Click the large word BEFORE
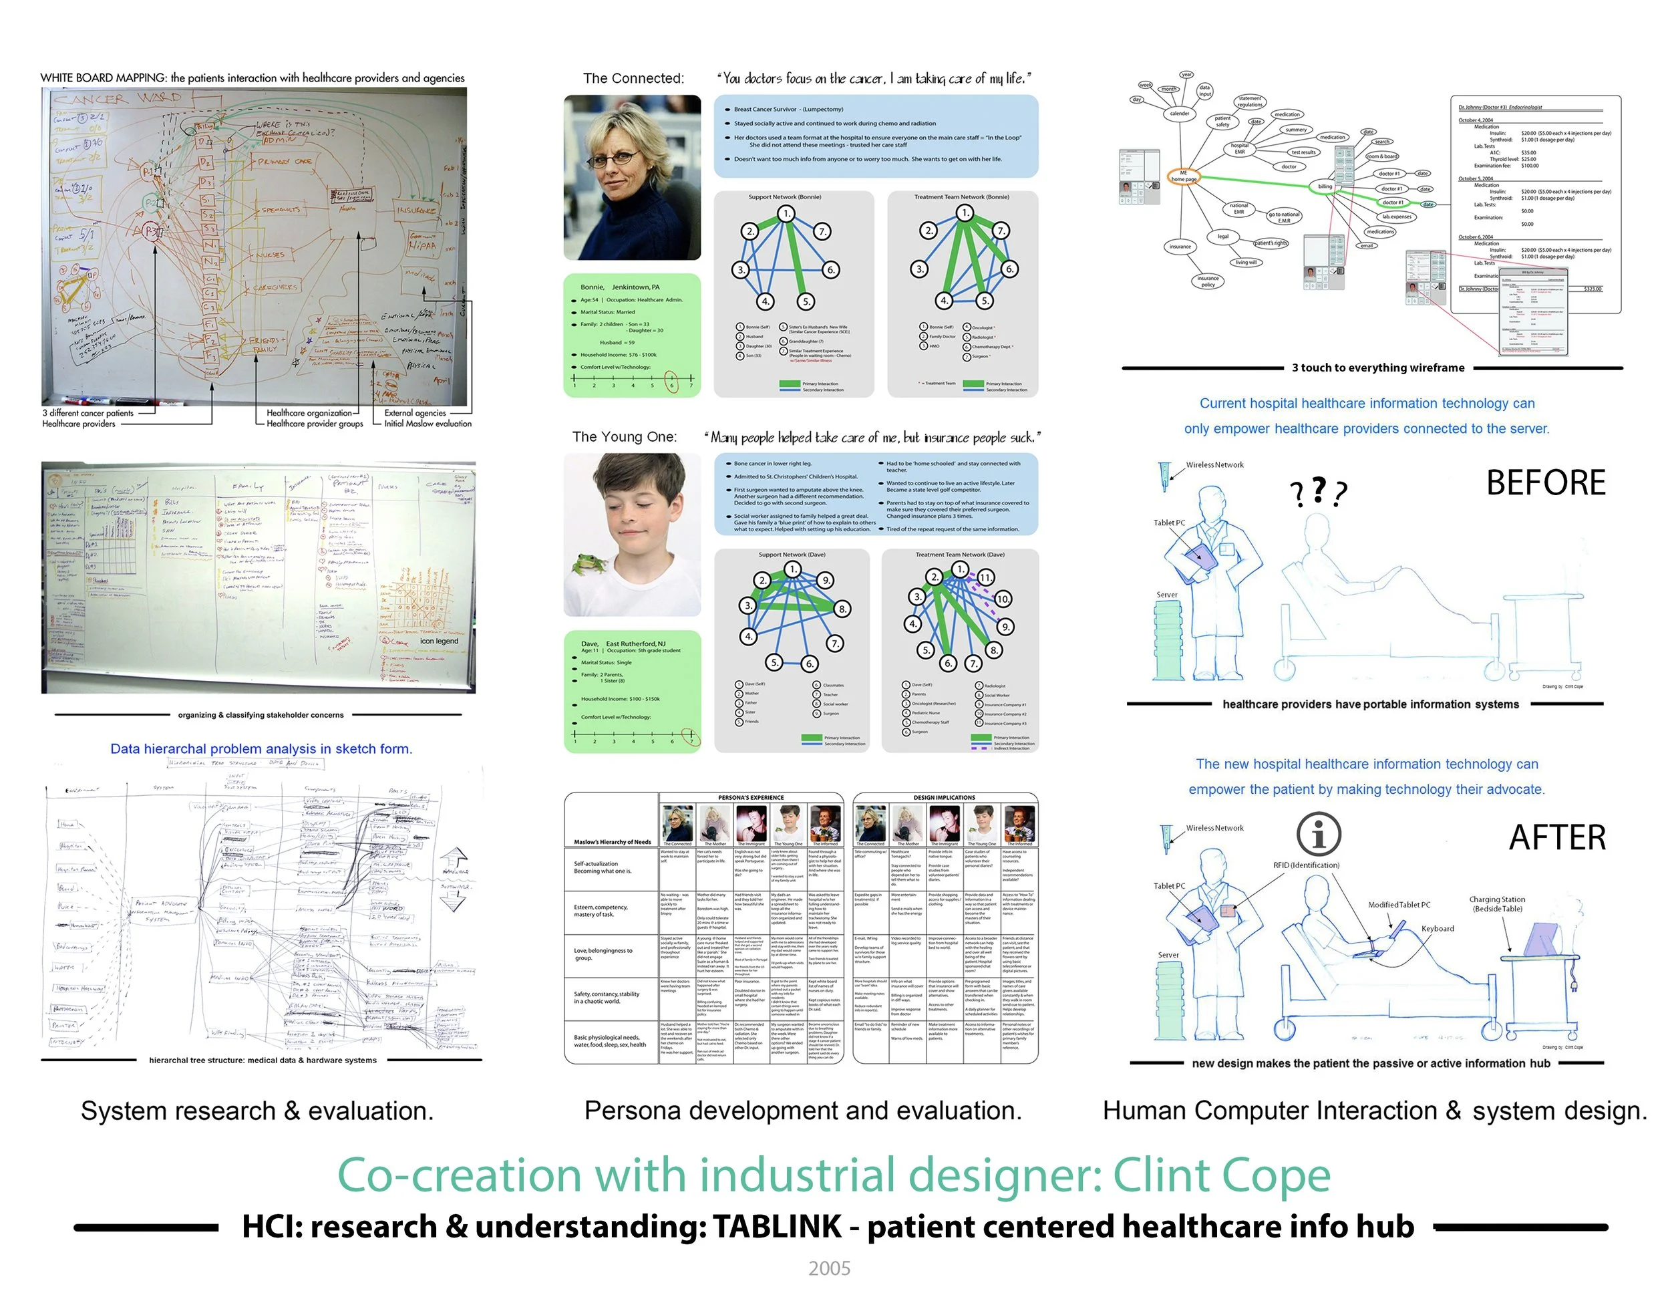(x=1545, y=483)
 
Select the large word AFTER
(x=1557, y=838)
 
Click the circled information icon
(x=1319, y=834)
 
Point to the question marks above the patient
(x=1318, y=492)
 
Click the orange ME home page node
(x=1183, y=176)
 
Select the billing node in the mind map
(x=1325, y=186)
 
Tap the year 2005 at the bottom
(x=830, y=1269)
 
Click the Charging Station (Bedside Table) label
(x=1496, y=904)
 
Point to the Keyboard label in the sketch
(x=1438, y=928)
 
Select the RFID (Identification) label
(x=1306, y=865)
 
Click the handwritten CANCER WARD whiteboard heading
(x=116, y=99)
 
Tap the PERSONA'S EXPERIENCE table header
(x=750, y=798)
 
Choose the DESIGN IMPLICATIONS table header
(x=944, y=798)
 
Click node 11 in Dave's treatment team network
(x=987, y=577)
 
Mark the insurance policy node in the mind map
(x=1208, y=281)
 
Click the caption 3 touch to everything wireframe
(x=1378, y=368)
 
